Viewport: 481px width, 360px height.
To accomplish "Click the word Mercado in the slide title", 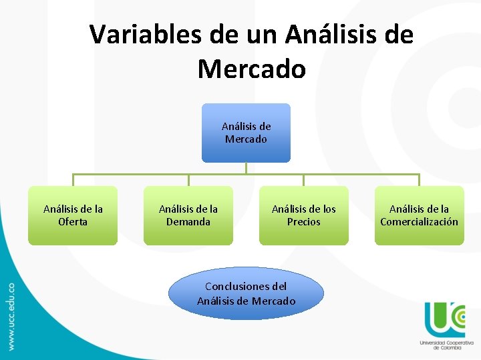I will tap(251, 69).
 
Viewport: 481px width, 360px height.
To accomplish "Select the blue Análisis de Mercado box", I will tap(246, 133).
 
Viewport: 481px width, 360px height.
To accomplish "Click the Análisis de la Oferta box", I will tap(73, 215).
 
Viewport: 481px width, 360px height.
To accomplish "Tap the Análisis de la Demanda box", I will tap(188, 215).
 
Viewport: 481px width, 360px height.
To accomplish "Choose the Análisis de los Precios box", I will tap(304, 215).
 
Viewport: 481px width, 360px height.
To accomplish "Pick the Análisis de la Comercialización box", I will tap(419, 215).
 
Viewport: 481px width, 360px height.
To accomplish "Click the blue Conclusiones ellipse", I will tap(246, 294).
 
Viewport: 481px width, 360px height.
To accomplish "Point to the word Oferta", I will tap(73, 222).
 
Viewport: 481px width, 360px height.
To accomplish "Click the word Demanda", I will tap(188, 222).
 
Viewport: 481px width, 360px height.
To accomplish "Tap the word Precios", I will tap(304, 222).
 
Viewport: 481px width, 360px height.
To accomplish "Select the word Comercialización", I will tap(419, 222).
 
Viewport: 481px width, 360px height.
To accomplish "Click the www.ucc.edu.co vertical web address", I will tap(11, 316).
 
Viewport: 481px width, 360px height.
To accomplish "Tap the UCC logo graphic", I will tap(444, 319).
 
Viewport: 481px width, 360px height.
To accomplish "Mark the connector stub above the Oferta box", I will tap(73, 180).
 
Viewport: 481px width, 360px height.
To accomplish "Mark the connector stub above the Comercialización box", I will tap(419, 180).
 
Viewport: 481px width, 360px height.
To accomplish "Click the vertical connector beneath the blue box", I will tap(246, 168).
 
